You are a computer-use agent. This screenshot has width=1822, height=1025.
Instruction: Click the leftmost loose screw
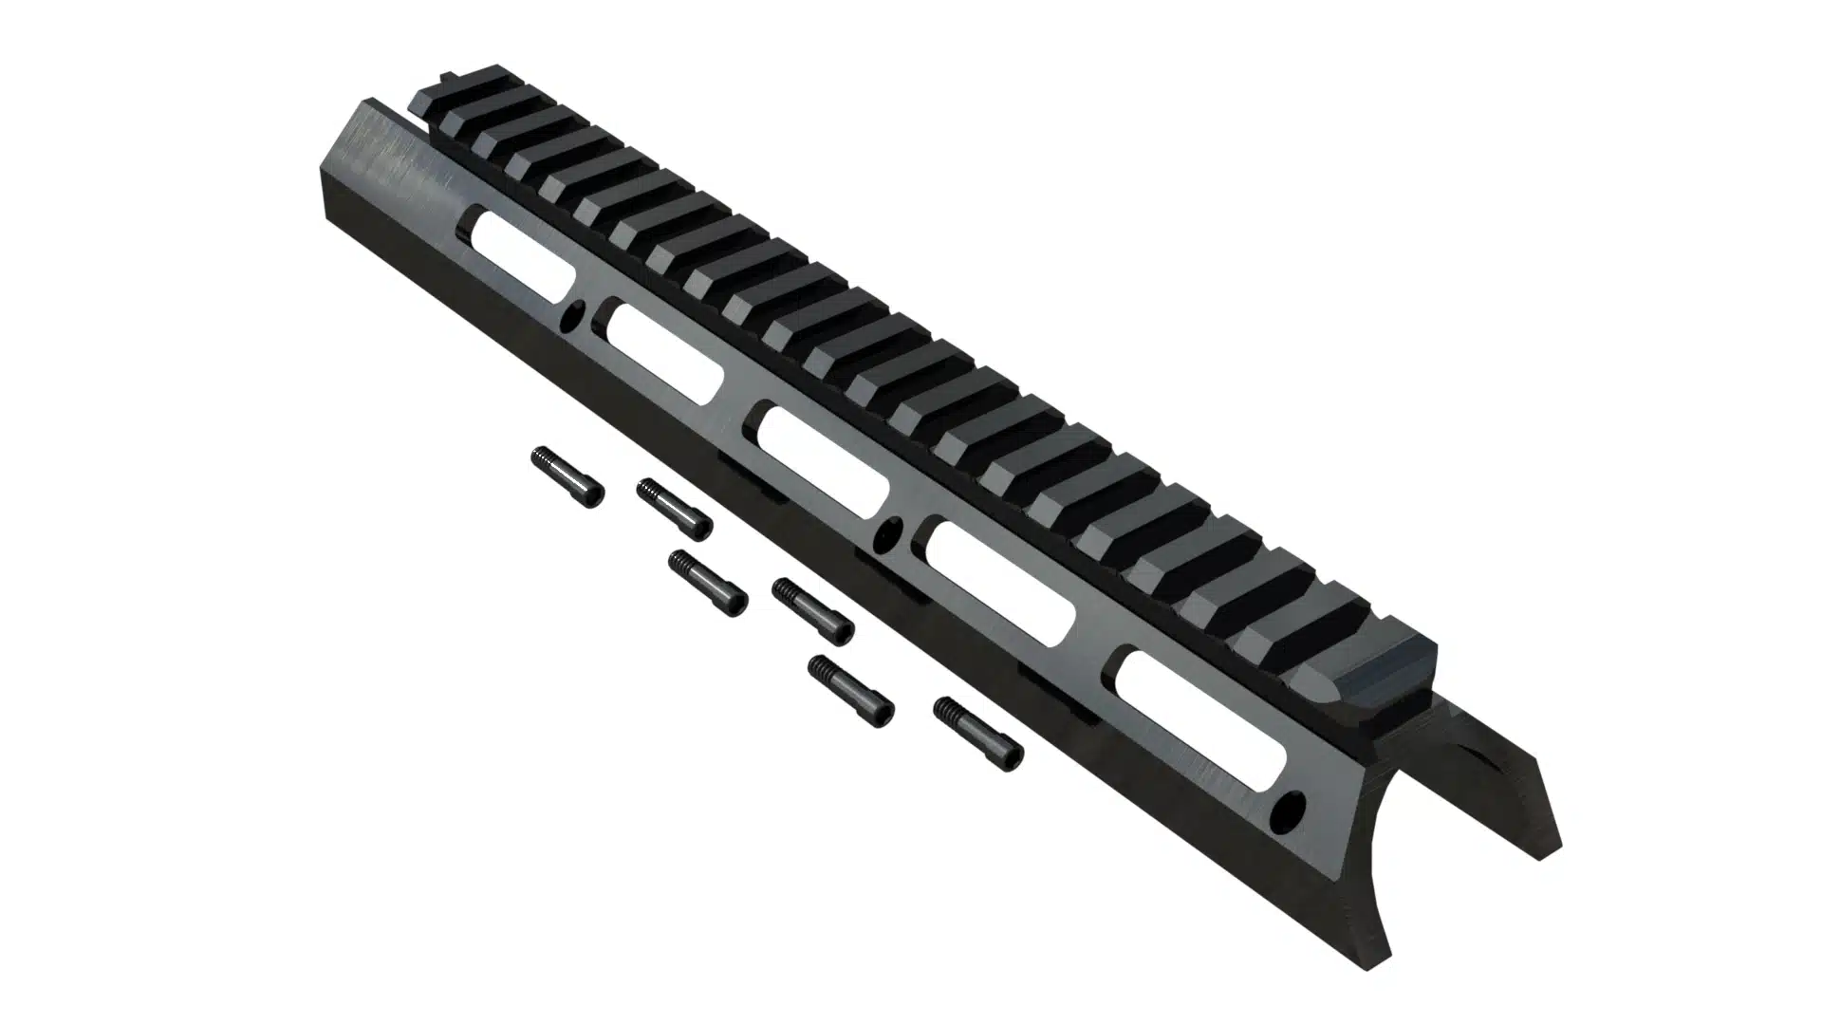pyautogui.click(x=567, y=476)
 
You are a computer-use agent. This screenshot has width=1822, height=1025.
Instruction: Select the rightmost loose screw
pyautogui.click(x=978, y=733)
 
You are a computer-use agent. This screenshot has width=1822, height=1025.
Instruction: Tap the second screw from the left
pyautogui.click(x=674, y=508)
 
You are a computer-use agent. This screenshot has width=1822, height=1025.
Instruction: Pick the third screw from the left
pyautogui.click(x=707, y=583)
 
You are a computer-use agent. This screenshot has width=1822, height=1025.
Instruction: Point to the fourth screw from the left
pyautogui.click(x=812, y=610)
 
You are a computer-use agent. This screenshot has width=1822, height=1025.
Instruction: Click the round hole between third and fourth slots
pyautogui.click(x=890, y=536)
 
